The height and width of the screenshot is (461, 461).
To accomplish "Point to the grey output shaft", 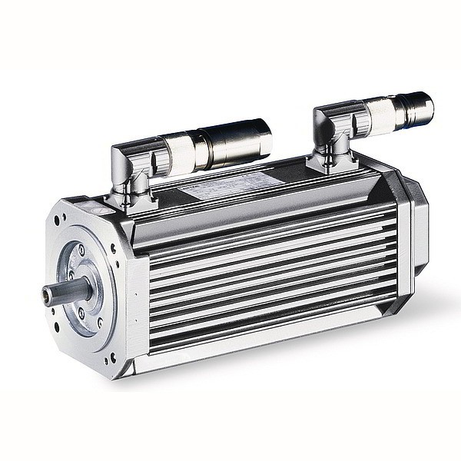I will pyautogui.click(x=68, y=291).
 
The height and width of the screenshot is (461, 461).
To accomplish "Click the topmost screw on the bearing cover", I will pyautogui.click(x=81, y=250).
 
